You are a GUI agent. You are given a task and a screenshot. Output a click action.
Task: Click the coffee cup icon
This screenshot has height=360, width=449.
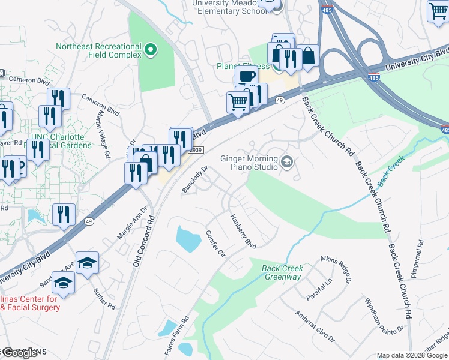coord(246,76)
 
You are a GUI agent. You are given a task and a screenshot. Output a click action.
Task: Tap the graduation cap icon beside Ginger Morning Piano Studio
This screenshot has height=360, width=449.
coord(287,161)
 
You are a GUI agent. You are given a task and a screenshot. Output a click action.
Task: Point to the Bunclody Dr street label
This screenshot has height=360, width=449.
coord(195,179)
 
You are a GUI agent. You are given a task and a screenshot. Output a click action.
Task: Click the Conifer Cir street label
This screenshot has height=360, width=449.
coord(215,244)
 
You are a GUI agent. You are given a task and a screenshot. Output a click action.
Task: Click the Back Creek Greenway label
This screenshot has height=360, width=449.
coord(282,272)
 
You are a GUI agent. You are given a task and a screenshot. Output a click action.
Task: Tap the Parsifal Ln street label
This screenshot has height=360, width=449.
coord(319,289)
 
